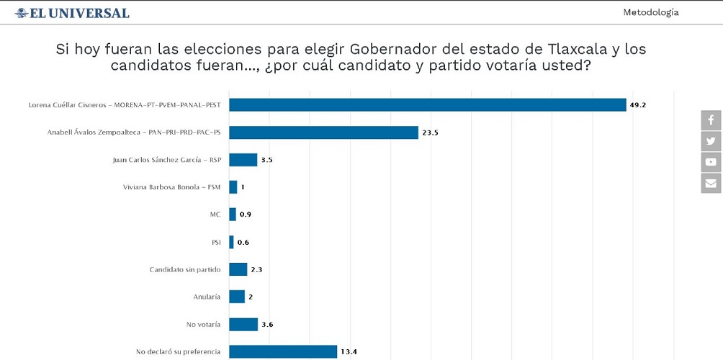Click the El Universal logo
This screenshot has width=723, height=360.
point(72,13)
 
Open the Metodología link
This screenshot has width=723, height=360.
point(650,12)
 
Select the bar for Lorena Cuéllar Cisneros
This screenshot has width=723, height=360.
point(427,105)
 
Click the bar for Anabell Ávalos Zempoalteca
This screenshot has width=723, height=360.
point(323,132)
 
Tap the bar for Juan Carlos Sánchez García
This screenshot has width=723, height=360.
point(243,160)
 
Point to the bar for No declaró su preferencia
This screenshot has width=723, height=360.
point(282,351)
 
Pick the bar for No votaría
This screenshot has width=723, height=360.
point(243,324)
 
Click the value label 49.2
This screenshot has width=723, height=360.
point(638,105)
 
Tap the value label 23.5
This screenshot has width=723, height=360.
point(431,132)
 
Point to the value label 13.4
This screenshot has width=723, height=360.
point(349,351)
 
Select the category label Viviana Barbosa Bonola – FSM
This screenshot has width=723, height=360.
point(172,187)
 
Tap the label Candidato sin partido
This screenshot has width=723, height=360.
point(185,269)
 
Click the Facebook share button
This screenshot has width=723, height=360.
point(711,120)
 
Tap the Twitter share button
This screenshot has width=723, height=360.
point(711,141)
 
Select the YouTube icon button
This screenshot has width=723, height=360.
point(711,162)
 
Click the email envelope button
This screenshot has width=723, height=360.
point(711,183)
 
